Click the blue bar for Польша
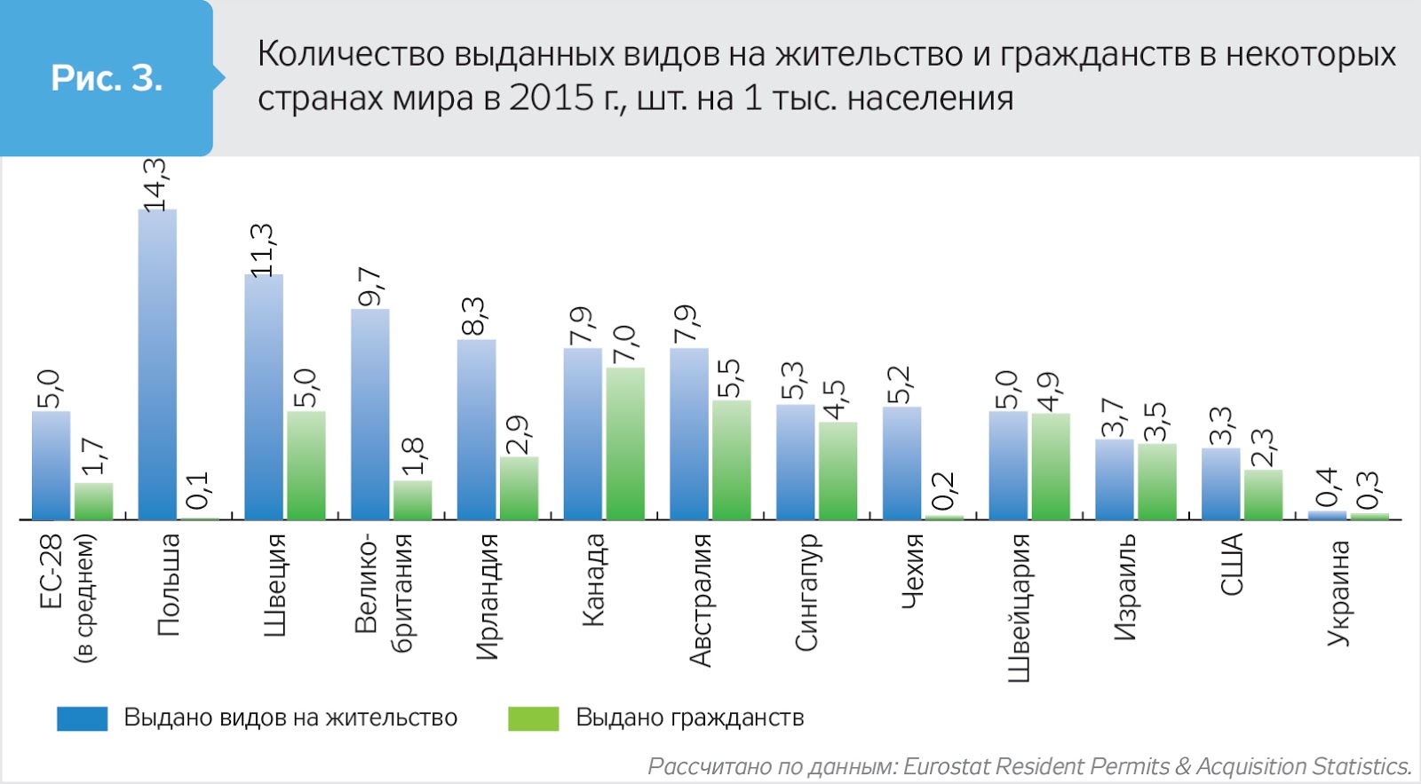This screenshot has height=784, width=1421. (157, 364)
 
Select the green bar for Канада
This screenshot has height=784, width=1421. (625, 443)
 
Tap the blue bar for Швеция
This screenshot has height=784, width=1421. (264, 397)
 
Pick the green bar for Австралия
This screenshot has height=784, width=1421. (731, 459)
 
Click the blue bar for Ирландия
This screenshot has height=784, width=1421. (476, 429)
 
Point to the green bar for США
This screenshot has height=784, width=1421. (1263, 495)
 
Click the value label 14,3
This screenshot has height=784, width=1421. (155, 185)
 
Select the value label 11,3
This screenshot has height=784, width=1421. (262, 249)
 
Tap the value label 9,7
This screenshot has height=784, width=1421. (369, 286)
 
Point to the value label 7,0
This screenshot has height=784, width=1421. (624, 344)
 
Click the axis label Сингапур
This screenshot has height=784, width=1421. (806, 592)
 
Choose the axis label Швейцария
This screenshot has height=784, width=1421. (1019, 607)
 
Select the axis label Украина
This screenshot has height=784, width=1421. (1338, 592)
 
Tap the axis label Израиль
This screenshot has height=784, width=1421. (1125, 587)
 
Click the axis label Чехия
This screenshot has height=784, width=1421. (912, 572)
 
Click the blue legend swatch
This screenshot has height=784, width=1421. (82, 718)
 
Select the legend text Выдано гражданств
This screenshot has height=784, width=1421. (689, 717)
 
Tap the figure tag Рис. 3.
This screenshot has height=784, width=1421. (107, 78)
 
